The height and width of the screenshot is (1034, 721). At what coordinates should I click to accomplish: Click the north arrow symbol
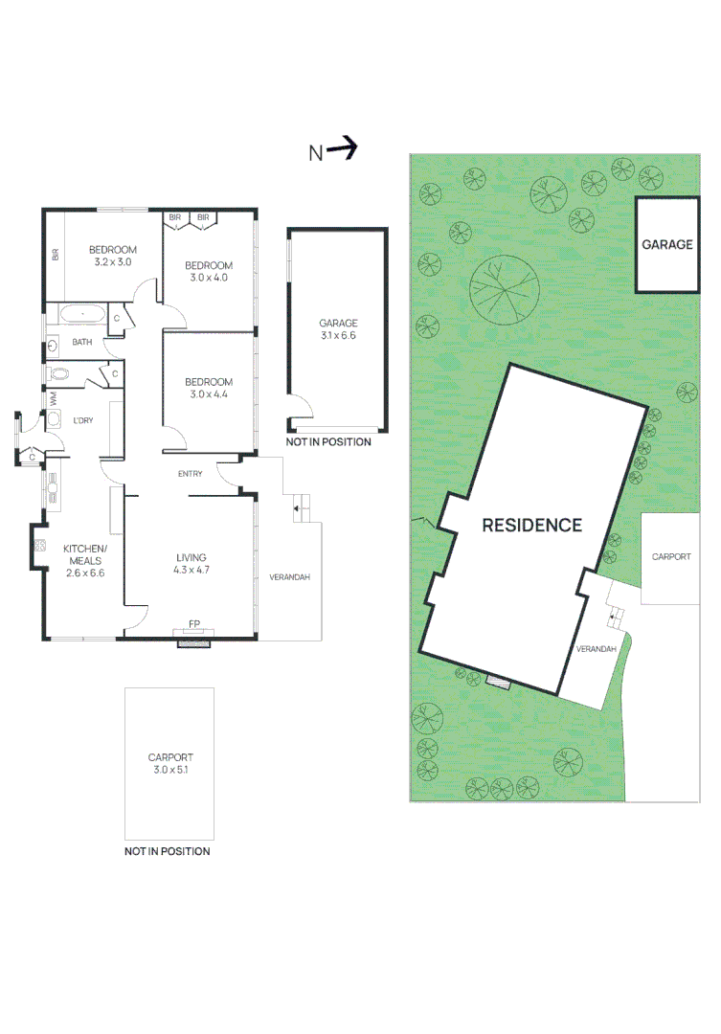tap(343, 149)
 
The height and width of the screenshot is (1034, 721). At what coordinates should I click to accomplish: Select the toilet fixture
tap(60, 374)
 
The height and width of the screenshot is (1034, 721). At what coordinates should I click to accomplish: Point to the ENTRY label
tap(190, 475)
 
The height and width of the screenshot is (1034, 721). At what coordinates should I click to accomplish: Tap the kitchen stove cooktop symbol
tap(41, 548)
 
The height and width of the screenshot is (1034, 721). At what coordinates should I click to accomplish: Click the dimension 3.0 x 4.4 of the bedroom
tap(209, 393)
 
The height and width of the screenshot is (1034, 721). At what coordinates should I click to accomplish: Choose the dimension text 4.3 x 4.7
tap(192, 570)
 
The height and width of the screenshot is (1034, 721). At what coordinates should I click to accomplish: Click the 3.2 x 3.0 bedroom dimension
tap(112, 261)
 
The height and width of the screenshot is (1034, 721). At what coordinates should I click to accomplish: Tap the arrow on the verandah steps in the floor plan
tap(297, 507)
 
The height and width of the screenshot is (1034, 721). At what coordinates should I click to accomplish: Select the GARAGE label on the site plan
tap(666, 244)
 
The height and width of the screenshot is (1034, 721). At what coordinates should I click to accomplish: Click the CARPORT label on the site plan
tap(671, 556)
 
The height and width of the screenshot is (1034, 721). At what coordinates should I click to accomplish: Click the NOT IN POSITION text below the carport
tap(168, 851)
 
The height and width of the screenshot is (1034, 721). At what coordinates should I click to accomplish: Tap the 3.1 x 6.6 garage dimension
tap(338, 336)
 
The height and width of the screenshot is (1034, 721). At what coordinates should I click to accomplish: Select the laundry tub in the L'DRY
tap(55, 418)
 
